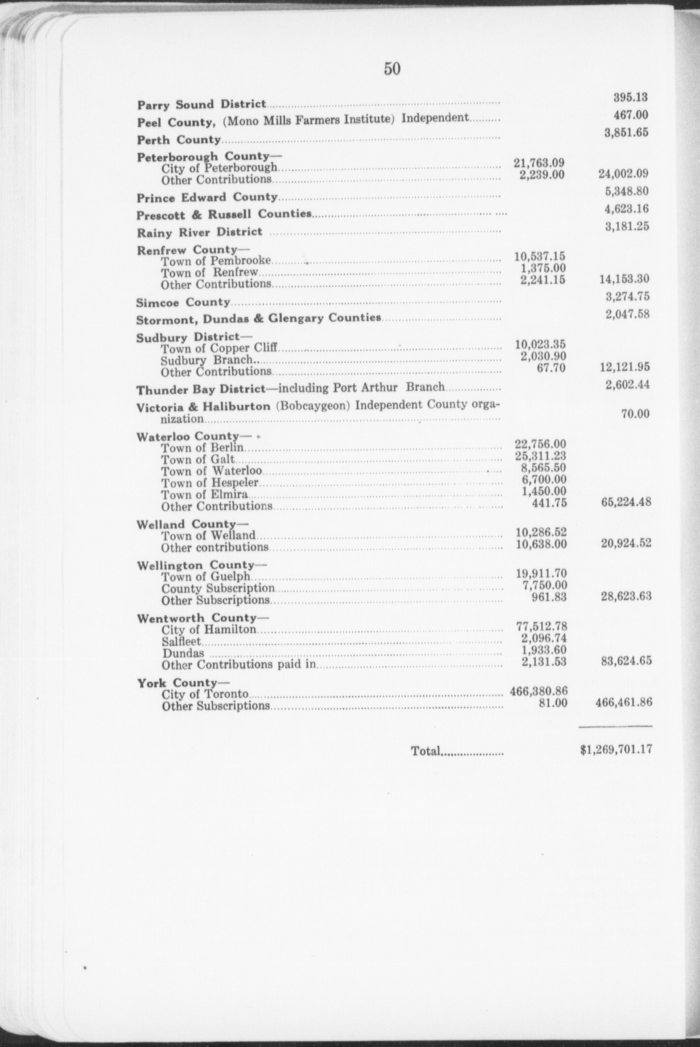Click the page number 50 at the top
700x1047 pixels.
392,69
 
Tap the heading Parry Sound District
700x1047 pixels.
201,105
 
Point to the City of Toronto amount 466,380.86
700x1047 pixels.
538,691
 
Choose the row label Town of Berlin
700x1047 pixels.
202,448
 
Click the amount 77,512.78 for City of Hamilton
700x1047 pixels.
541,626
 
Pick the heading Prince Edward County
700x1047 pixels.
207,198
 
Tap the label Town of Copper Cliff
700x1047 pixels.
219,349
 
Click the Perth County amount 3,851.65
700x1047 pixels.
626,133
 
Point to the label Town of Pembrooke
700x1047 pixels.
216,261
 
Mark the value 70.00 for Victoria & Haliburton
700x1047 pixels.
635,414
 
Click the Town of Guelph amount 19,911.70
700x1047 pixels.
542,573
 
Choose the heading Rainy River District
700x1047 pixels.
199,232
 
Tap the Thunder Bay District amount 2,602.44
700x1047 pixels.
627,385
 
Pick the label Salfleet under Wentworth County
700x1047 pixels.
181,642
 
